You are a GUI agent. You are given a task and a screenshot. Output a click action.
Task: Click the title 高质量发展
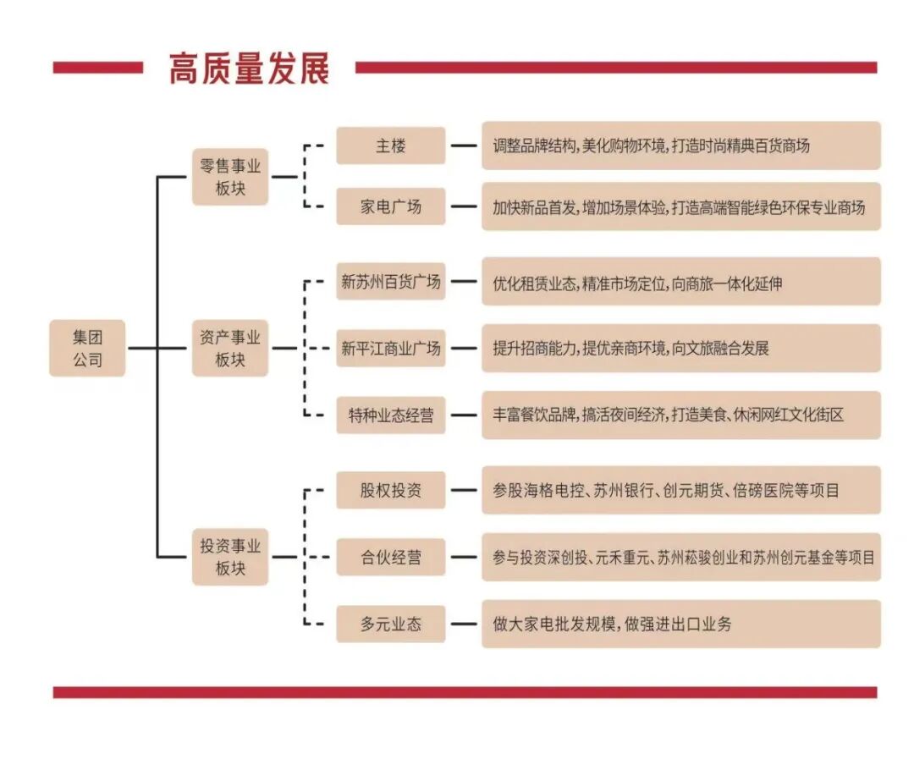pos(249,68)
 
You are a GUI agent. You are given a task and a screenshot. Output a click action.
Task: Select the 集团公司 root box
pos(87,348)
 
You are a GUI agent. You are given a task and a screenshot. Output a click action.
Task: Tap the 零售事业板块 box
pos(230,177)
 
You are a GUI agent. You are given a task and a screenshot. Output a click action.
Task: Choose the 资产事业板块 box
pos(230,348)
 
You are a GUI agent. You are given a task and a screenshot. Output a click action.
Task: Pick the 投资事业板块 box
pos(230,557)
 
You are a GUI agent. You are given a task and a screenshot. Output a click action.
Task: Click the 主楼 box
pos(390,146)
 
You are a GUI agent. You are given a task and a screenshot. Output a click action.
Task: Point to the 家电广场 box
pos(390,206)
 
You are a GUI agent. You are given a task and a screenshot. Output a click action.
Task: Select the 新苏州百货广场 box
pos(390,282)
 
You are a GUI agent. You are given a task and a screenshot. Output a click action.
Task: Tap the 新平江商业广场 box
pos(390,348)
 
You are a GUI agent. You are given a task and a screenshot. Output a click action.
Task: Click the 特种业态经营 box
pos(390,415)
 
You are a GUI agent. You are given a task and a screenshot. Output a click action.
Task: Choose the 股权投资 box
pos(390,490)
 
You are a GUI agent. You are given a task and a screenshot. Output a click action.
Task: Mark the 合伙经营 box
pos(390,557)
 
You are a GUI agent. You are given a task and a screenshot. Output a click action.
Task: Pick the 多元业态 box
pos(390,624)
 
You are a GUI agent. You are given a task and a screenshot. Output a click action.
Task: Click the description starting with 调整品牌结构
pos(680,146)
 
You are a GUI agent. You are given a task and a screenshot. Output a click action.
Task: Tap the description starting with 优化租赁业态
pos(680,282)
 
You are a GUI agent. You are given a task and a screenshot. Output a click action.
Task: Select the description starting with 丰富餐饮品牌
pos(680,415)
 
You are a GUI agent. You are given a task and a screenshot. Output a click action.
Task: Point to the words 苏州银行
pos(623,490)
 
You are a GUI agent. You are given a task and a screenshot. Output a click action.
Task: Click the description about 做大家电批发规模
pos(680,624)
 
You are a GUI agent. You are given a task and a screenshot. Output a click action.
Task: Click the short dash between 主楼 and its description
pos(463,146)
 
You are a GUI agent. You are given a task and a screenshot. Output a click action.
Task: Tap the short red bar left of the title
pos(97,68)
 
